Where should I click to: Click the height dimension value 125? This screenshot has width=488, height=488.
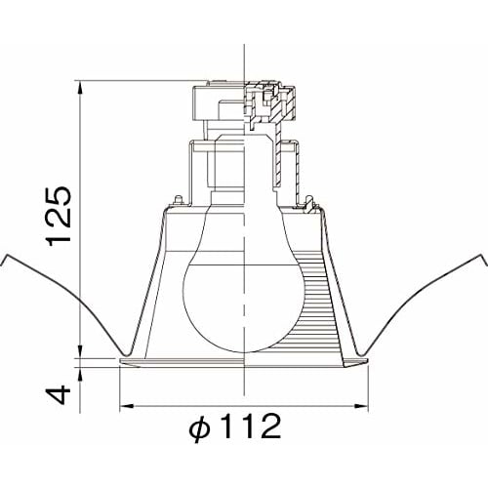click(60, 214)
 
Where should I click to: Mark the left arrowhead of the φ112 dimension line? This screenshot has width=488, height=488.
click(123, 405)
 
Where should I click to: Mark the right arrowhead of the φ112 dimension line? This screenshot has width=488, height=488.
click(366, 405)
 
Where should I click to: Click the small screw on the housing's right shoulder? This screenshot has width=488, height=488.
click(310, 203)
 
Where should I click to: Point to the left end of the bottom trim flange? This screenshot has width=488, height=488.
click(120, 363)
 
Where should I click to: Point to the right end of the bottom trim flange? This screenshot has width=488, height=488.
click(369, 363)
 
